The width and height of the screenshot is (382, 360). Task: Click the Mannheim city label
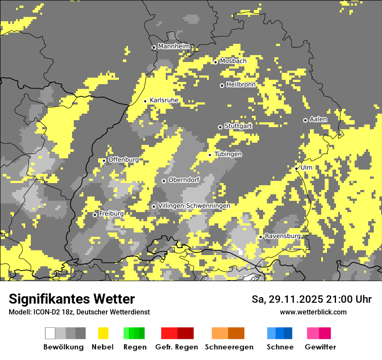174,46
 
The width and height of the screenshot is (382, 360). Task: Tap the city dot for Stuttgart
220,127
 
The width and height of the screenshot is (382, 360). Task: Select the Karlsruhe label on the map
164,100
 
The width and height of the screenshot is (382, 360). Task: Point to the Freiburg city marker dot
95,215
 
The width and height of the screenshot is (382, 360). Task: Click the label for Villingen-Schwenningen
194,206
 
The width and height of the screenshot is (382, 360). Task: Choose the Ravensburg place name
283,236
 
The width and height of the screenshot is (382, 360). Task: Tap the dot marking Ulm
296,168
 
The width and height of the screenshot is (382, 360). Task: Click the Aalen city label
318,119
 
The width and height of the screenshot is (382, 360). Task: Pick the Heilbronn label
241,85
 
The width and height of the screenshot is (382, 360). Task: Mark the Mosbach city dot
215,62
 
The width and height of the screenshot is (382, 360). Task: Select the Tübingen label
228,154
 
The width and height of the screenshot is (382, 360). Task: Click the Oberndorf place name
184,180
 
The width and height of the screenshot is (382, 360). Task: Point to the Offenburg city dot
104,160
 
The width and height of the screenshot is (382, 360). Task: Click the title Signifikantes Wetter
72,299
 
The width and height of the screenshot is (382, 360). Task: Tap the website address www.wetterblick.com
313,312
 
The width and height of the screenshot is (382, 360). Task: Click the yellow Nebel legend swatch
103,333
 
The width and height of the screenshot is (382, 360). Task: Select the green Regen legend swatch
134,333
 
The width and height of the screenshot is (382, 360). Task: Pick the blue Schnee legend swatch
280,333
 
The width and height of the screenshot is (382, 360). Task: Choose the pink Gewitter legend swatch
319,333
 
